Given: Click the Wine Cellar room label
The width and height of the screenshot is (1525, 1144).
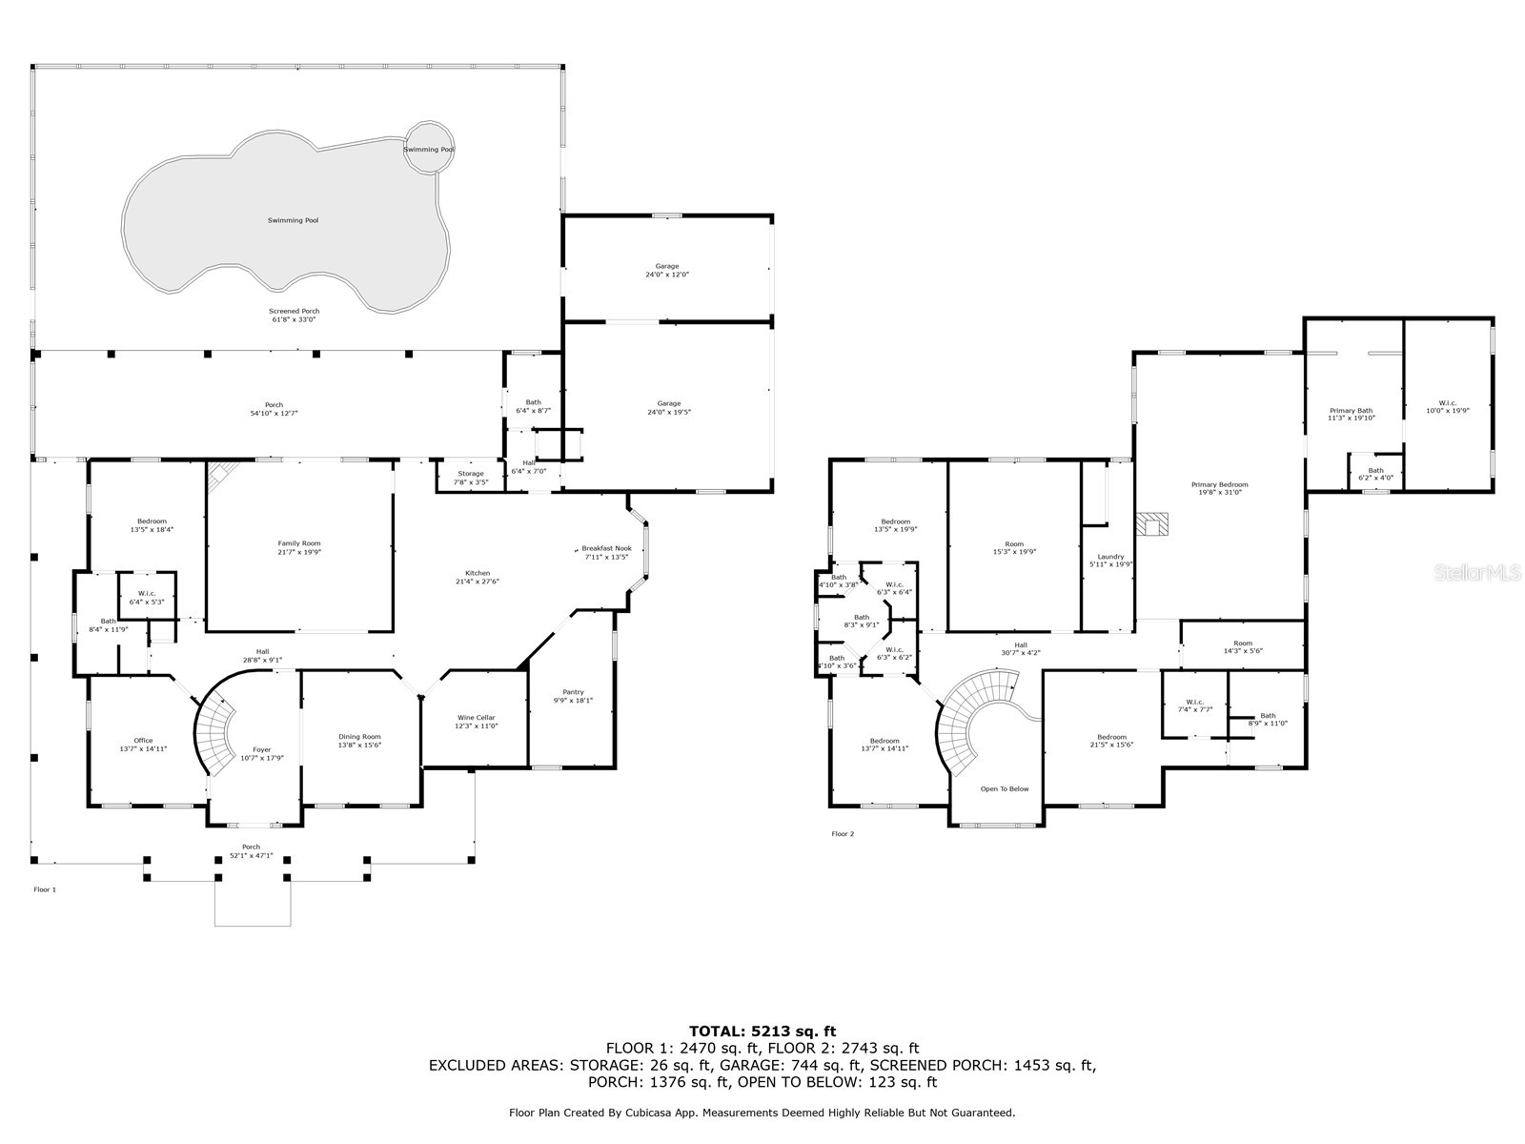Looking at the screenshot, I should pyautogui.click(x=476, y=718).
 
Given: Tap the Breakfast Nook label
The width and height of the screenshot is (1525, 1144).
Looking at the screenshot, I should pyautogui.click(x=606, y=549).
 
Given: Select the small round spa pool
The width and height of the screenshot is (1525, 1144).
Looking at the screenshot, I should pyautogui.click(x=427, y=148).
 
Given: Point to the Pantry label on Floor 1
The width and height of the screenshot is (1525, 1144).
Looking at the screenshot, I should pyautogui.click(x=573, y=692).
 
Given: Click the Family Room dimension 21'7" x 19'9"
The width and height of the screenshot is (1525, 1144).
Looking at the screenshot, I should pyautogui.click(x=299, y=553).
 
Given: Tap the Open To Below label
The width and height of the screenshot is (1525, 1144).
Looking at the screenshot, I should pyautogui.click(x=1005, y=788).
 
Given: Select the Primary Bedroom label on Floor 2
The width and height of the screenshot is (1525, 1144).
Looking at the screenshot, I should pyautogui.click(x=1219, y=484).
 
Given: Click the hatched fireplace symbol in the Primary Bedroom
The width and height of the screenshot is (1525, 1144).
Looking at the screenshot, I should pyautogui.click(x=1153, y=525).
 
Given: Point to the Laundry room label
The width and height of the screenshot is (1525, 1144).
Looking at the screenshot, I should pyautogui.click(x=1110, y=557).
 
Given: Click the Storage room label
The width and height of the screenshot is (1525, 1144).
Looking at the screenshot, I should pyautogui.click(x=470, y=474).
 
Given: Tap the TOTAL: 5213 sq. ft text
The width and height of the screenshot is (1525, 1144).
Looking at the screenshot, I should pyautogui.click(x=762, y=1031).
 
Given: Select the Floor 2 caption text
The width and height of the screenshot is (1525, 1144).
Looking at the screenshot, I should pyautogui.click(x=843, y=834).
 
